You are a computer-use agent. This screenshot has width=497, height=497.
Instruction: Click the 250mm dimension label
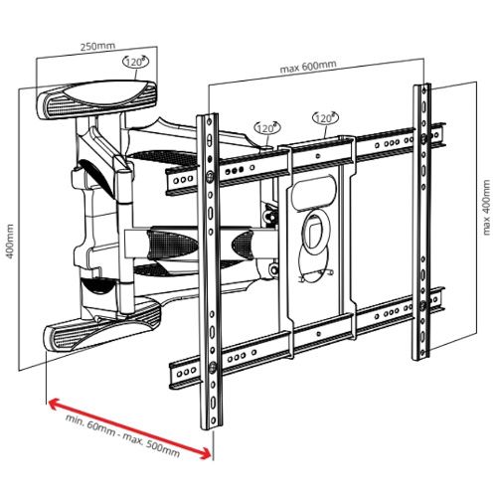pyautogui.click(x=97, y=46)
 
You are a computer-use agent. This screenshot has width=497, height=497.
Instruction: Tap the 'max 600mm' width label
pyautogui.click(x=308, y=67)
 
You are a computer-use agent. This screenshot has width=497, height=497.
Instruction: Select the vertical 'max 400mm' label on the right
pyautogui.click(x=486, y=208)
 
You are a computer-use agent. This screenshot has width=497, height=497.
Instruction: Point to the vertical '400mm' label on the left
pyautogui.click(x=10, y=242)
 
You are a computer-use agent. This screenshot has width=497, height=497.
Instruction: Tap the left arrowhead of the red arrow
pyautogui.click(x=53, y=403)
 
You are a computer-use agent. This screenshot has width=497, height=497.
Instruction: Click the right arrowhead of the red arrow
pyautogui.click(x=206, y=453)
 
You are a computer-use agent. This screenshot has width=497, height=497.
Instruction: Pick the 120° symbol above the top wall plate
pyautogui.click(x=135, y=62)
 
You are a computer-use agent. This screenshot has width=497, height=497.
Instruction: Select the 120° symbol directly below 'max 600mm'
pyautogui.click(x=325, y=118)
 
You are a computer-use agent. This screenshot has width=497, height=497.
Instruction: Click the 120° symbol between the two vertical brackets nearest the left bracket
pyautogui.click(x=267, y=128)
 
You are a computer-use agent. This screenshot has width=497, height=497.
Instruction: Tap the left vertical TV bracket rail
pyautogui.click(x=210, y=271)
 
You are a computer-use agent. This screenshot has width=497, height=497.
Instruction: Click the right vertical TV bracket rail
pyautogui.click(x=421, y=222)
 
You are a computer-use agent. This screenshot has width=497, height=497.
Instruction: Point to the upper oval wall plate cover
pyautogui.click(x=96, y=98)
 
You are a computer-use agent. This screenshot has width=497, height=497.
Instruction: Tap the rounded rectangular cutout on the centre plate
pyautogui.click(x=314, y=193)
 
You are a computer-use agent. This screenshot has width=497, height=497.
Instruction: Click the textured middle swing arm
pyautogui.click(x=199, y=243)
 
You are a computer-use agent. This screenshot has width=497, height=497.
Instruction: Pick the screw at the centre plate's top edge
pyautogui.click(x=318, y=156)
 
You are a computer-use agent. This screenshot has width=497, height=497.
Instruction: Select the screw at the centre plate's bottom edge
pyautogui.click(x=319, y=334)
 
